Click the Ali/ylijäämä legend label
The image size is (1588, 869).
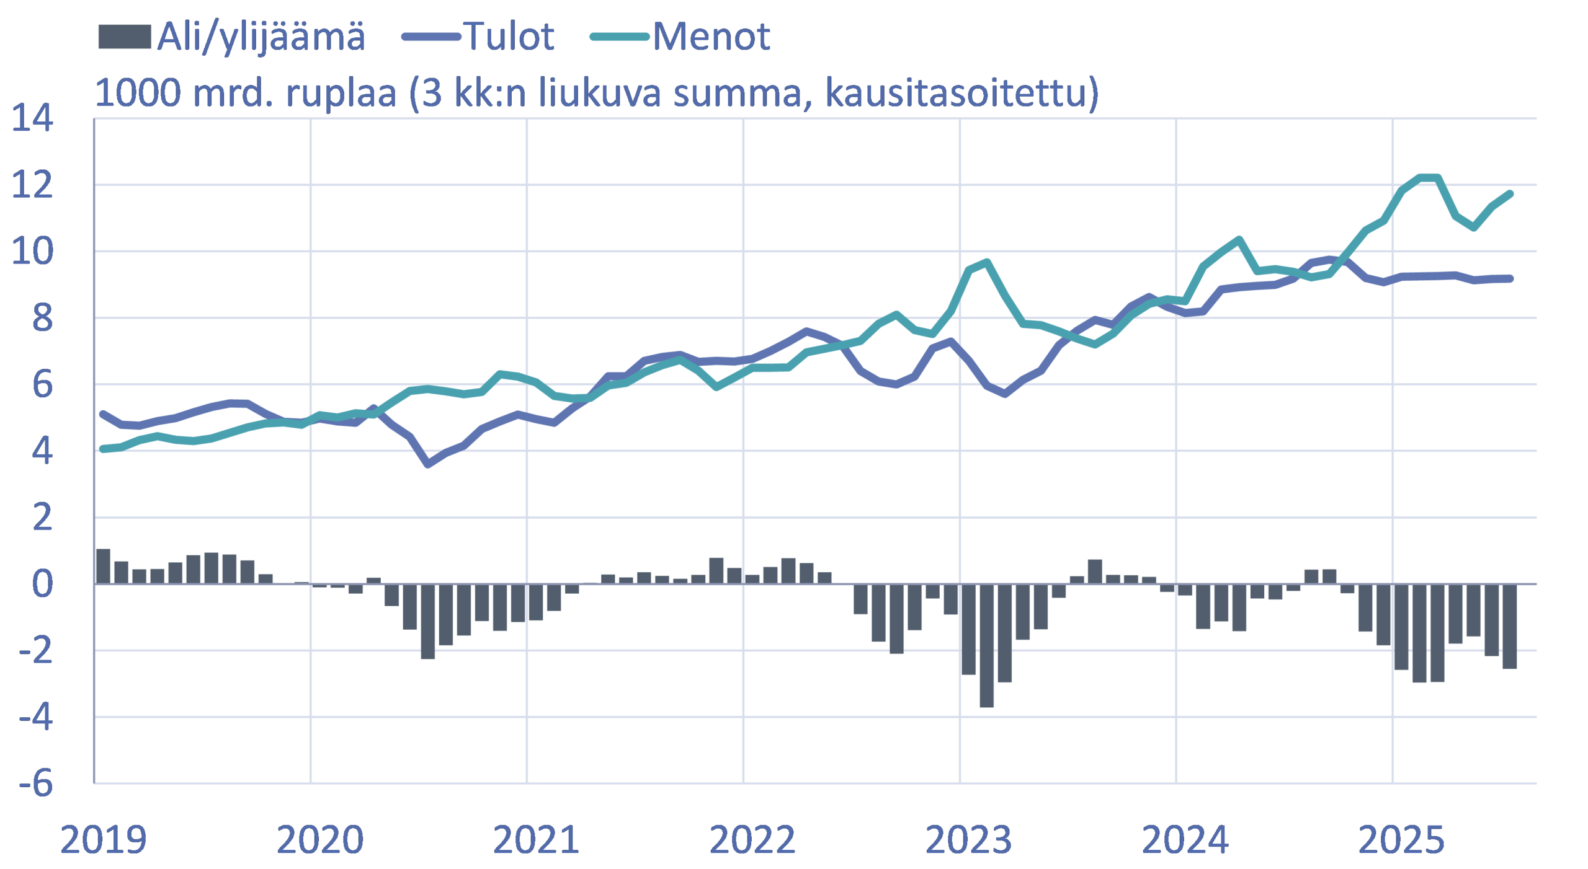point(261,37)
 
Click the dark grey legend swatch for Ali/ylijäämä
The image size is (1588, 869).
point(124,37)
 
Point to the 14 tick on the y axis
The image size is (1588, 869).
point(32,118)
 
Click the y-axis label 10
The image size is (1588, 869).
point(32,251)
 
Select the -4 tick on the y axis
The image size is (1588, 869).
point(35,717)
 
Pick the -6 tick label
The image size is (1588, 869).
point(35,783)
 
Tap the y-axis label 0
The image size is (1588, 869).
point(42,584)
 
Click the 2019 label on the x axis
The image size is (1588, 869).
point(103,840)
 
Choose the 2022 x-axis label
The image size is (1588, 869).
point(752,840)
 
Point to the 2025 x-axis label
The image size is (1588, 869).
point(1401,840)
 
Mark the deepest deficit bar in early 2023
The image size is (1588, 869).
point(986,645)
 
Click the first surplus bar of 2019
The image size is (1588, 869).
point(103,567)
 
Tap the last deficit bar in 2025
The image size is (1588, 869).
point(1509,626)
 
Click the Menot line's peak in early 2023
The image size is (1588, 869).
point(986,262)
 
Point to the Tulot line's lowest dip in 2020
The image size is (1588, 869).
point(427,464)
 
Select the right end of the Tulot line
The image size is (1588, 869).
point(1510,279)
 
